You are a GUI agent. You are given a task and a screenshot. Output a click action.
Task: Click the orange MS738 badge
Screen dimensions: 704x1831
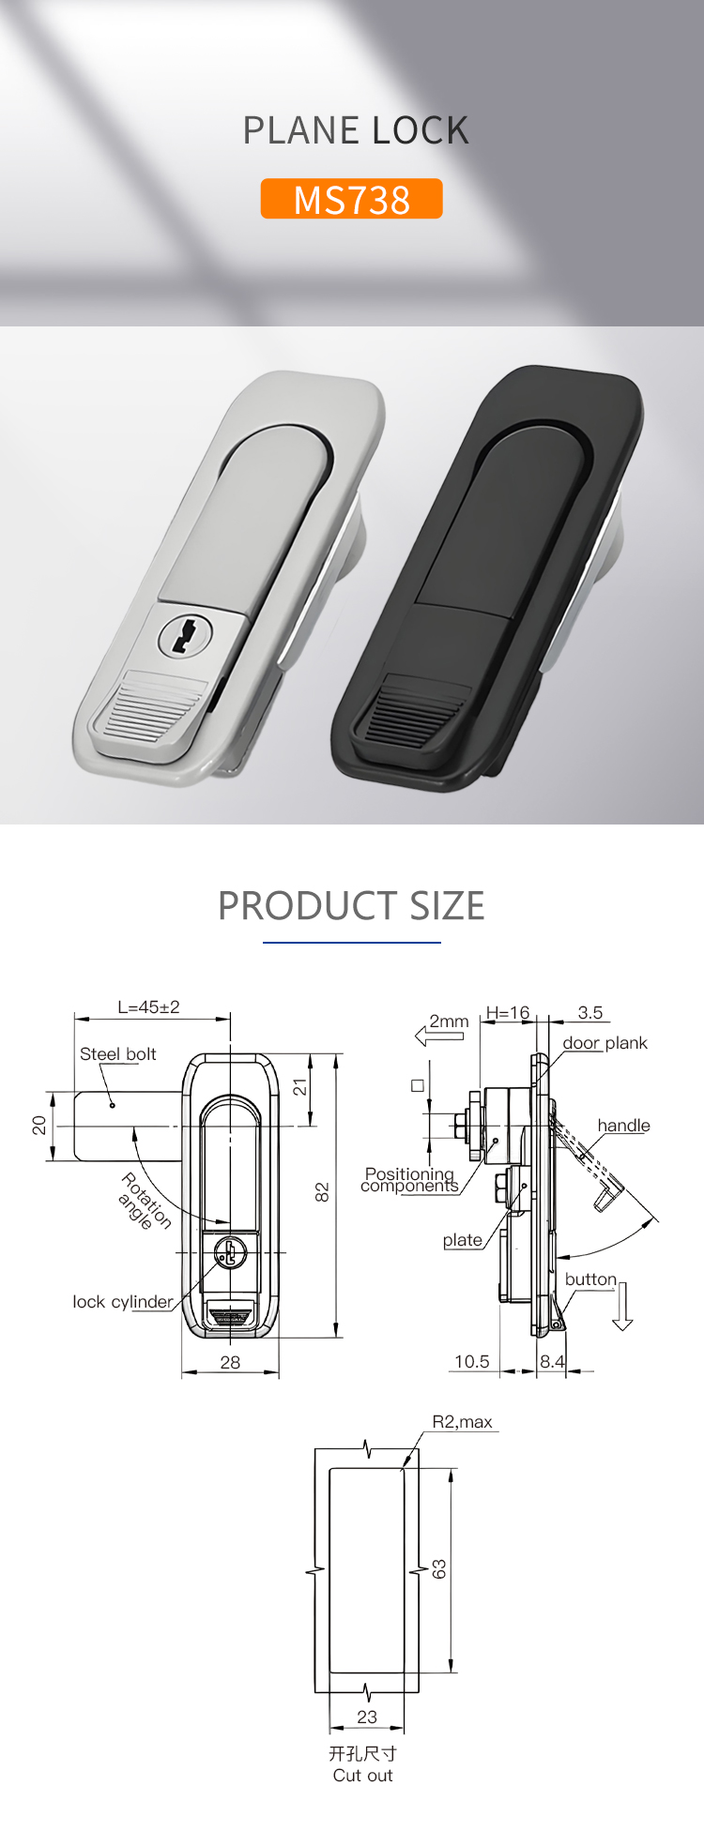coord(351,199)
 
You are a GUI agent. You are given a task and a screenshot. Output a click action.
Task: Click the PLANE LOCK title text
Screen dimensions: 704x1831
coord(356,130)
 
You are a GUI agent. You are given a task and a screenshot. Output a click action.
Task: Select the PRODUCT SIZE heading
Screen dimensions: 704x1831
coord(351,905)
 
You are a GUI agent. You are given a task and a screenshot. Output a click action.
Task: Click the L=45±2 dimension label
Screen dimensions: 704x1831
coord(148,1007)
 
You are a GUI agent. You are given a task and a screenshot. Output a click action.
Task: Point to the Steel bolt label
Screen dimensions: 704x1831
coord(117,1053)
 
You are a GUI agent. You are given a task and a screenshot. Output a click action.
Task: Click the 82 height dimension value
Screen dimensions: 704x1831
coord(322,1192)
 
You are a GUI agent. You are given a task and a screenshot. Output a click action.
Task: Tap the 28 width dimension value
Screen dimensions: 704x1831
coord(230,1362)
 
